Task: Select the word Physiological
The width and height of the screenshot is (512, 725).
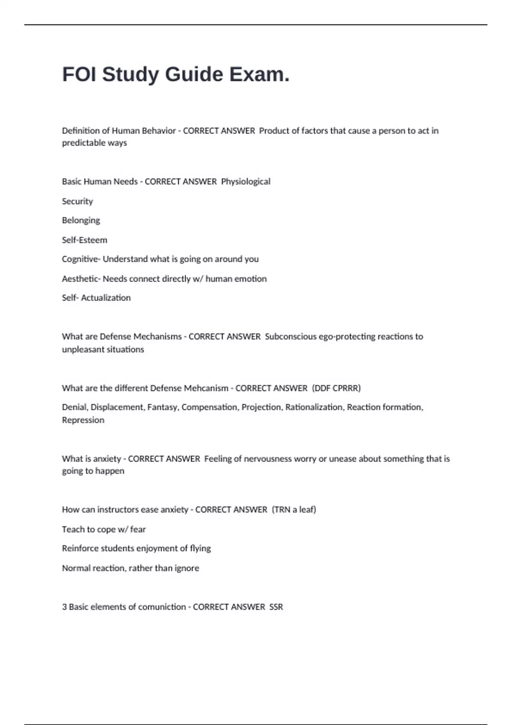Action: pos(245,182)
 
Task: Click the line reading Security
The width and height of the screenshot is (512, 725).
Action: pos(77,201)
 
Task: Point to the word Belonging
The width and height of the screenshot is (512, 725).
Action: pos(81,220)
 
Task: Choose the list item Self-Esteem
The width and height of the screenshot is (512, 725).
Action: pos(84,240)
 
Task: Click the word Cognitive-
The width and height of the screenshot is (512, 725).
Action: pos(81,259)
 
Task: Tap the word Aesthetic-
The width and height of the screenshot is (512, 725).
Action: pos(81,279)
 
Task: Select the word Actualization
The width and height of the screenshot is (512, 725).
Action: pos(106,298)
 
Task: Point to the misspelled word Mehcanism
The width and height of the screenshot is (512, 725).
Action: pos(206,388)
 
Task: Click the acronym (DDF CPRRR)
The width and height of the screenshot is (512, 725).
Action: pos(336,388)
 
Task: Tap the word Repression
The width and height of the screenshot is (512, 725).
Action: pos(83,420)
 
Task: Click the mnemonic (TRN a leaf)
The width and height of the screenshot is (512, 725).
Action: pos(294,510)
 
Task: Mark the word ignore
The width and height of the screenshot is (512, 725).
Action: pos(186,568)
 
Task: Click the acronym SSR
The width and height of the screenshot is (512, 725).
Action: pos(276,607)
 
